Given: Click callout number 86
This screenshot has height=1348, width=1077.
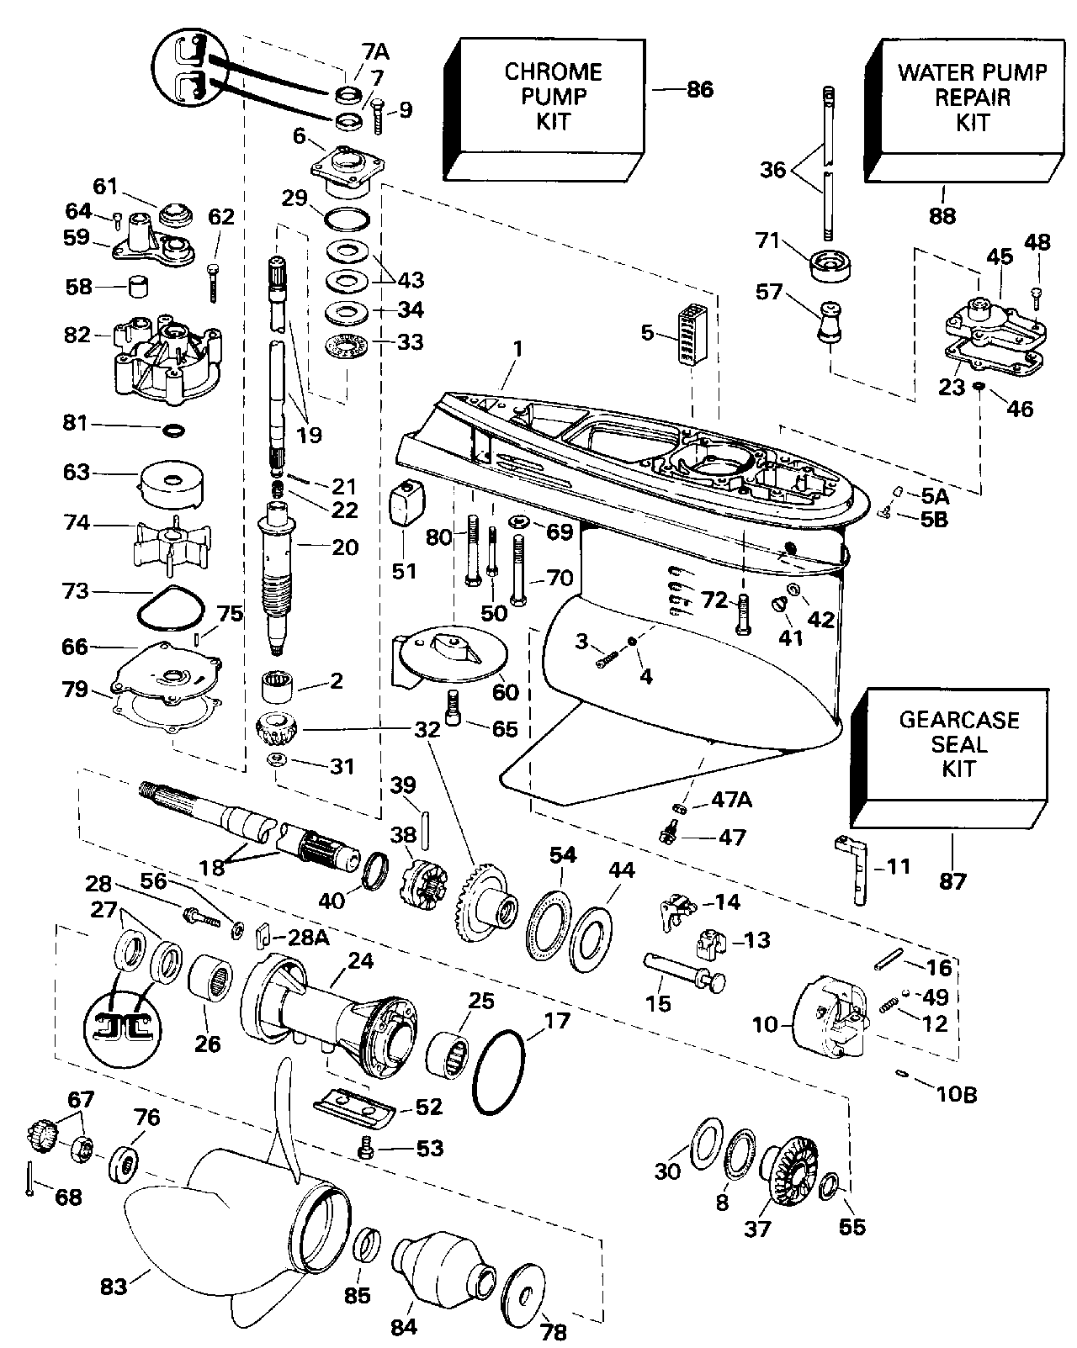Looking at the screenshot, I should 699,89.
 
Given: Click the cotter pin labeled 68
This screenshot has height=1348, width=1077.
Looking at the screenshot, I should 30,1176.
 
